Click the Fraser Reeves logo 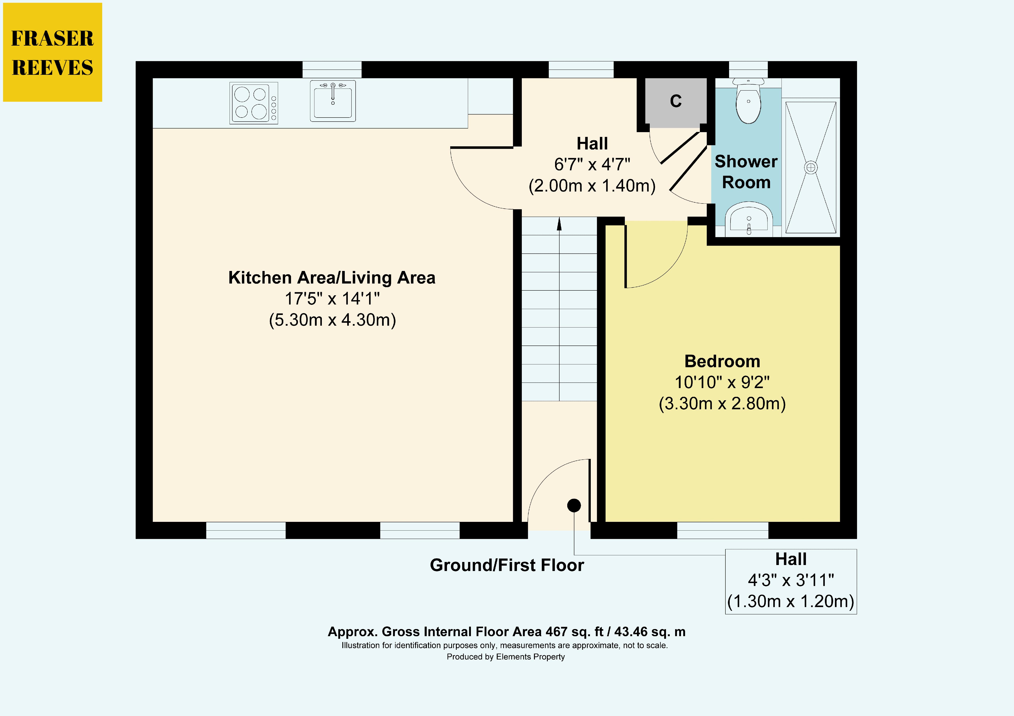(x=53, y=52)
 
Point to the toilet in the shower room (x=748, y=101)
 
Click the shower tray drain (x=811, y=167)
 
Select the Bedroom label (x=722, y=361)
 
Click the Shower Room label (x=746, y=172)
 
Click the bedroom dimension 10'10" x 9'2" (x=722, y=382)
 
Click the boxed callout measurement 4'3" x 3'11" (x=791, y=580)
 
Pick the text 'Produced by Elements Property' (x=506, y=657)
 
